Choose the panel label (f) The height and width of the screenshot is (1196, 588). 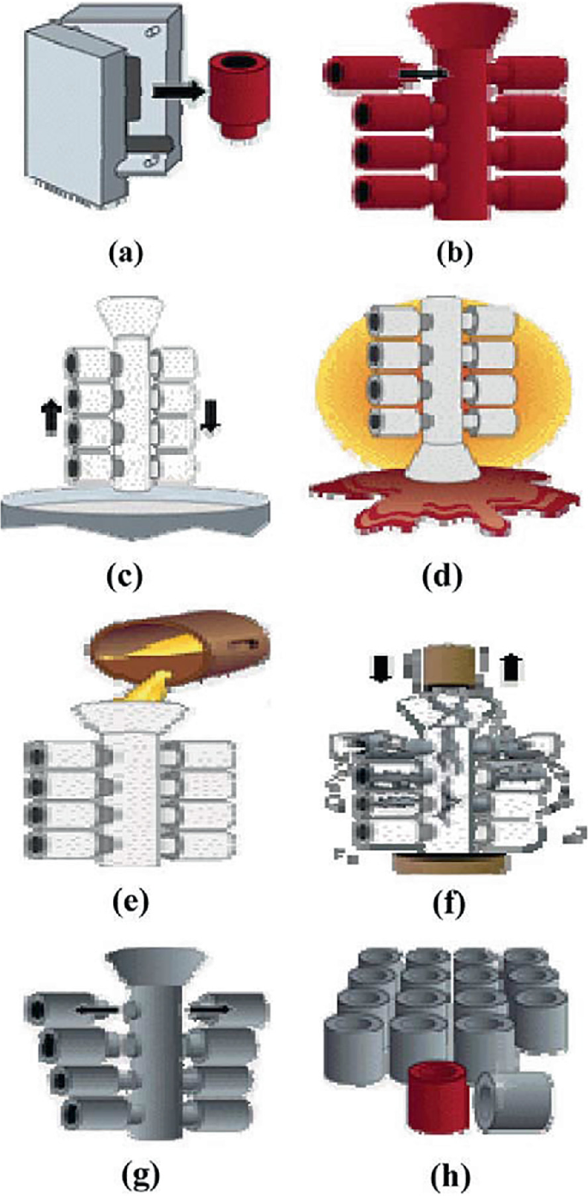pyautogui.click(x=446, y=877)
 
